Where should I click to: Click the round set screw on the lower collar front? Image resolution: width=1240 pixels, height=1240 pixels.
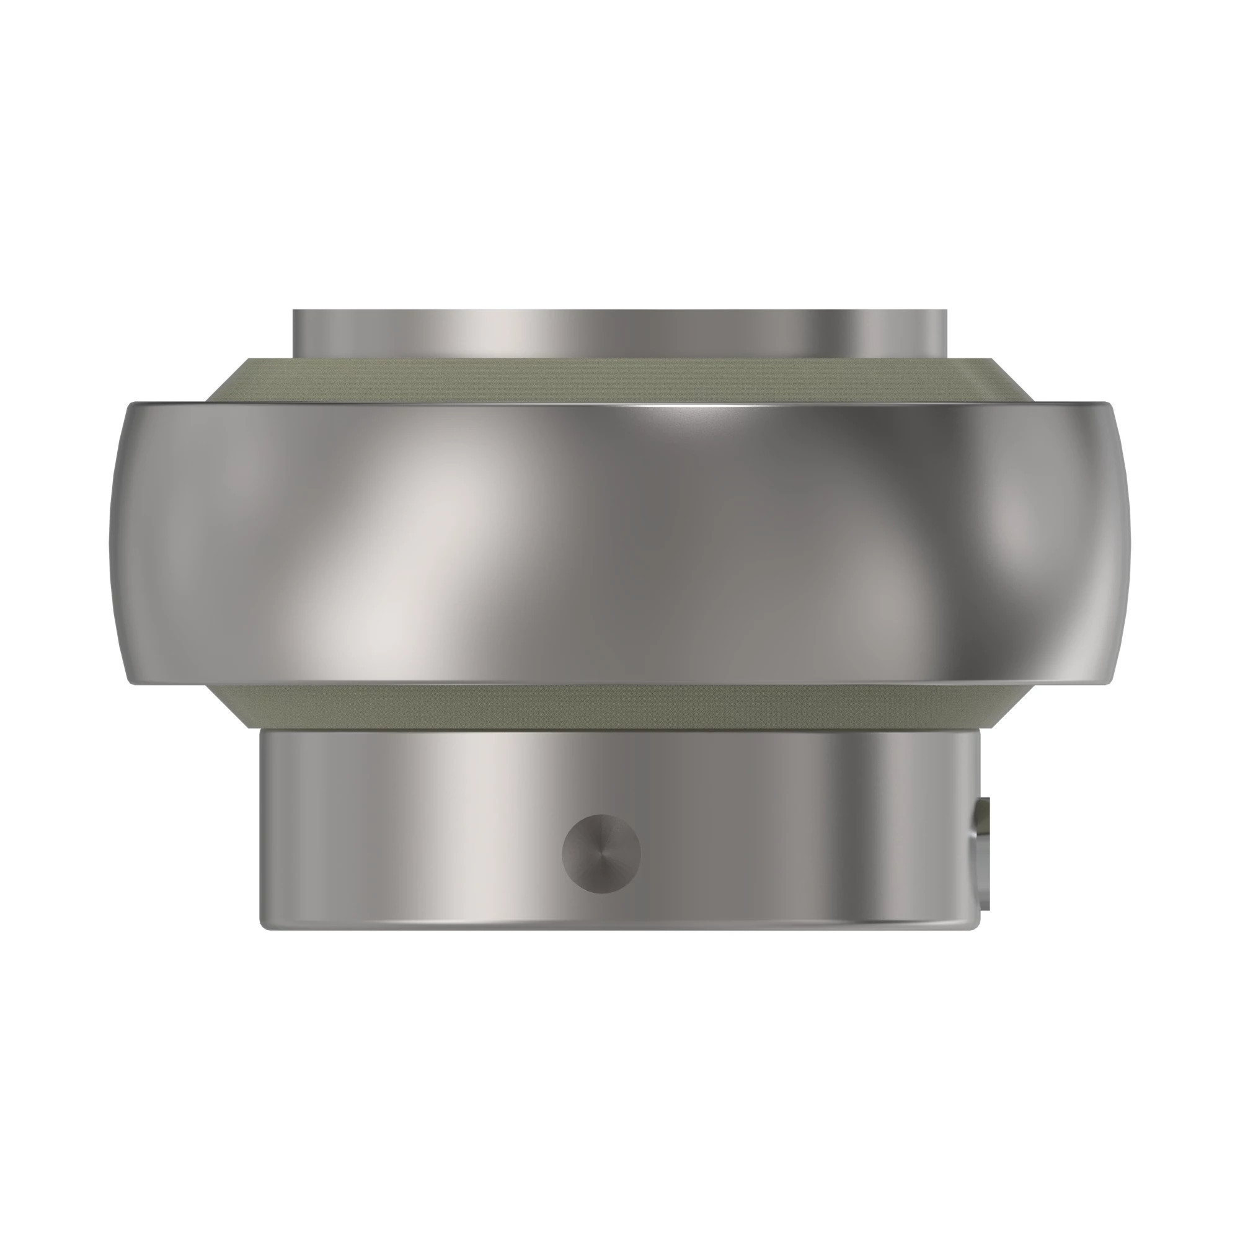[x=601, y=852]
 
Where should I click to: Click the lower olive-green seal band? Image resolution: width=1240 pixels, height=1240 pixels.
[x=603, y=707]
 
